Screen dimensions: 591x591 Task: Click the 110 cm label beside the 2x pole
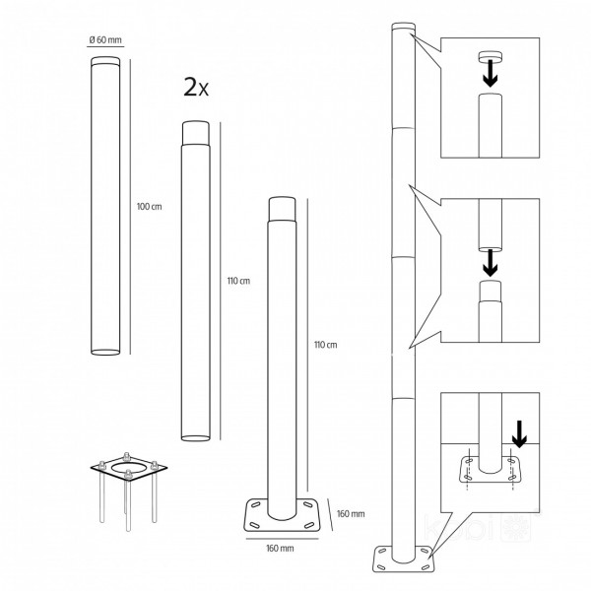pyautogui.click(x=237, y=281)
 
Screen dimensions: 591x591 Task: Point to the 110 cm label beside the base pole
pyautogui.click(x=324, y=345)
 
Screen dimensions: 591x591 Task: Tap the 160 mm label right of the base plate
pyautogui.click(x=350, y=513)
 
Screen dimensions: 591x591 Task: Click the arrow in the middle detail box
pyautogui.click(x=490, y=262)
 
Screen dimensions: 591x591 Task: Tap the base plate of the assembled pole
pyautogui.click(x=401, y=558)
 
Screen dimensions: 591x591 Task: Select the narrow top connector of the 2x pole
pyautogui.click(x=195, y=130)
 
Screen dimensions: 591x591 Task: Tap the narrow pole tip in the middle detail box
pyautogui.click(x=490, y=288)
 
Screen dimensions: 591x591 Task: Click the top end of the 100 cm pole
pyautogui.click(x=105, y=62)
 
